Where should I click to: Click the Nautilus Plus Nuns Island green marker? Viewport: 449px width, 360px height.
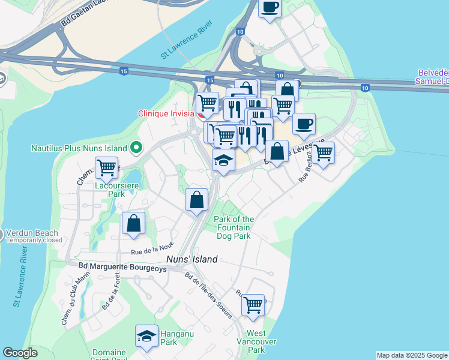136,147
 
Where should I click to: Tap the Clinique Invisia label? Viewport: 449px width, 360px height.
166,113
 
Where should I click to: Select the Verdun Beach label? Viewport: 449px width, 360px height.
32,233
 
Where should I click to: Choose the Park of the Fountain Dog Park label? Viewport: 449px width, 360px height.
234,227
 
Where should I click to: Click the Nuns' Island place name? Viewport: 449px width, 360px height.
191,260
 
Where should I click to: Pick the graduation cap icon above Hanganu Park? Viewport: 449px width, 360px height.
146,337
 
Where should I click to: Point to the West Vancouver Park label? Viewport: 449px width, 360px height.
257,341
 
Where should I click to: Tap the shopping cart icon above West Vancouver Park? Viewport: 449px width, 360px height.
253,305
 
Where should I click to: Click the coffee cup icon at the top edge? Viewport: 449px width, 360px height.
270,8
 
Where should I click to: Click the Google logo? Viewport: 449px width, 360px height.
20,353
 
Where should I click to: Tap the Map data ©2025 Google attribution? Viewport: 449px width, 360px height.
412,355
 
